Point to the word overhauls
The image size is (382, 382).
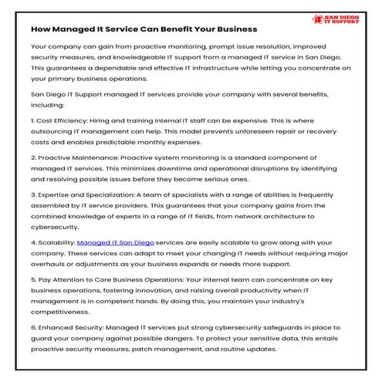[x=49, y=264]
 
